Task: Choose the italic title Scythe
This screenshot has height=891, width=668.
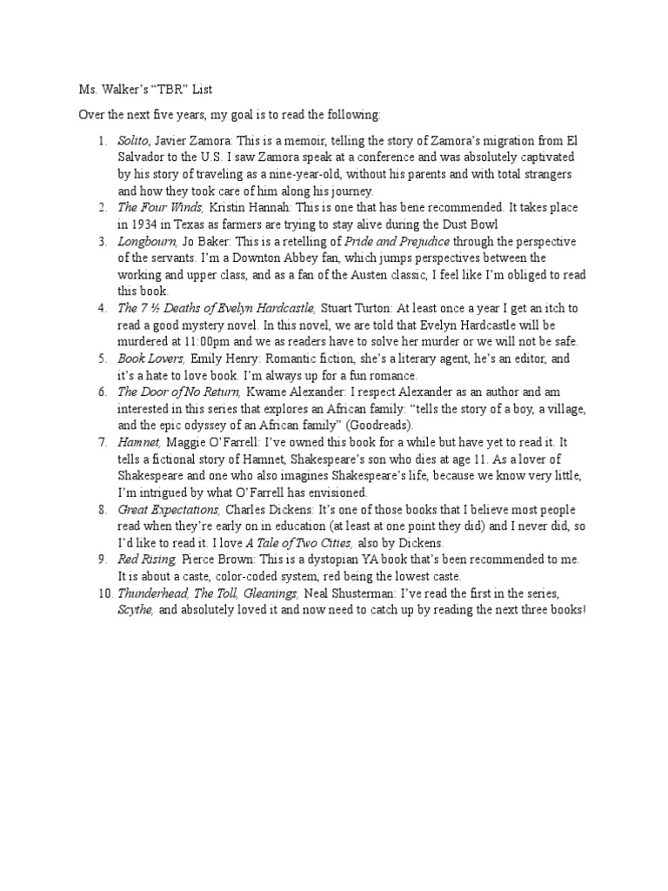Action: pyautogui.click(x=136, y=610)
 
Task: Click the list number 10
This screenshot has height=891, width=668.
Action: pyautogui.click(x=104, y=593)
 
